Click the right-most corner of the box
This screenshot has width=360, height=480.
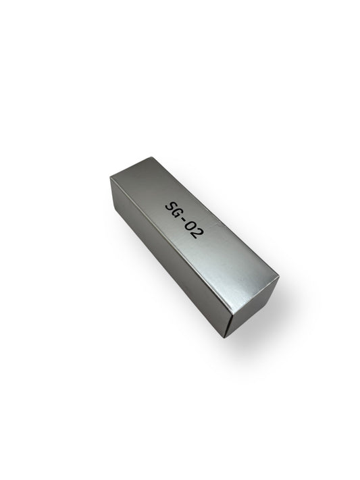coord(279,276)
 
